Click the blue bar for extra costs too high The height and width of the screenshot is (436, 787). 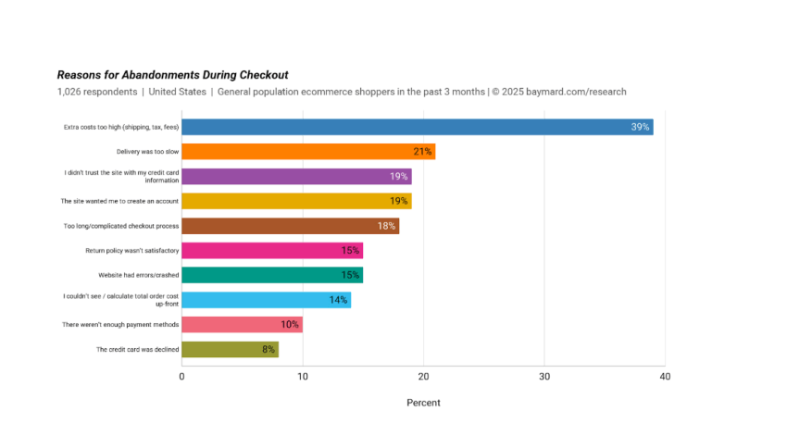(x=417, y=127)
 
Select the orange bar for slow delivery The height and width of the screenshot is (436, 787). (x=308, y=152)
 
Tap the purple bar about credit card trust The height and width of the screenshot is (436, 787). (x=296, y=176)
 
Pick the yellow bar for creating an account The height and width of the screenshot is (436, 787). (x=296, y=201)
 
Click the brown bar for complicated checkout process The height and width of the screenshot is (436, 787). (x=290, y=226)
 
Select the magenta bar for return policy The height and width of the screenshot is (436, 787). (x=272, y=250)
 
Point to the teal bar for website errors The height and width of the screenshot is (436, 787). (x=272, y=275)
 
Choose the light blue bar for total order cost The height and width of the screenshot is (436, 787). (x=266, y=300)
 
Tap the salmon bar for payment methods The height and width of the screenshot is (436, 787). (x=242, y=325)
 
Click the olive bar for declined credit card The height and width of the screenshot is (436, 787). (x=230, y=349)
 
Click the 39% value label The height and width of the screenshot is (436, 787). (x=640, y=127)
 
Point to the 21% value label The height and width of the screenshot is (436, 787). (x=423, y=152)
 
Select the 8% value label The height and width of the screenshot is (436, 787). (x=269, y=350)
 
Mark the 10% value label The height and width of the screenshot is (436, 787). (x=290, y=325)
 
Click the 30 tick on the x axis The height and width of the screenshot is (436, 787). (x=544, y=377)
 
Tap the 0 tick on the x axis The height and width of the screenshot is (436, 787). (x=181, y=377)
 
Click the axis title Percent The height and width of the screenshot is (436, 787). (x=423, y=403)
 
